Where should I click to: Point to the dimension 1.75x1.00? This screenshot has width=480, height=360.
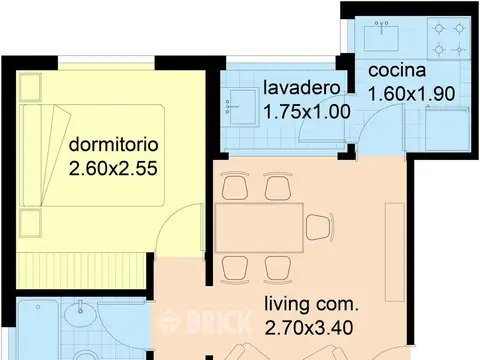click(x=306, y=112)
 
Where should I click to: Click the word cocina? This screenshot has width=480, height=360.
click(x=397, y=71)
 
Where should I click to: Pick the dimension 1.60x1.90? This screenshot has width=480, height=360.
click(x=410, y=95)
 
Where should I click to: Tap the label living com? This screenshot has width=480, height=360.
click(x=311, y=302)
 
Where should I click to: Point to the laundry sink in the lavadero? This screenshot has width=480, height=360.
click(x=240, y=100)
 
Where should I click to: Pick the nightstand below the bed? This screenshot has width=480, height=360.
click(x=31, y=224)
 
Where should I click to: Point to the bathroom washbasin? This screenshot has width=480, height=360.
click(x=76, y=321)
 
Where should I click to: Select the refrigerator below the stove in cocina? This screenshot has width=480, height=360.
click(x=445, y=130)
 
